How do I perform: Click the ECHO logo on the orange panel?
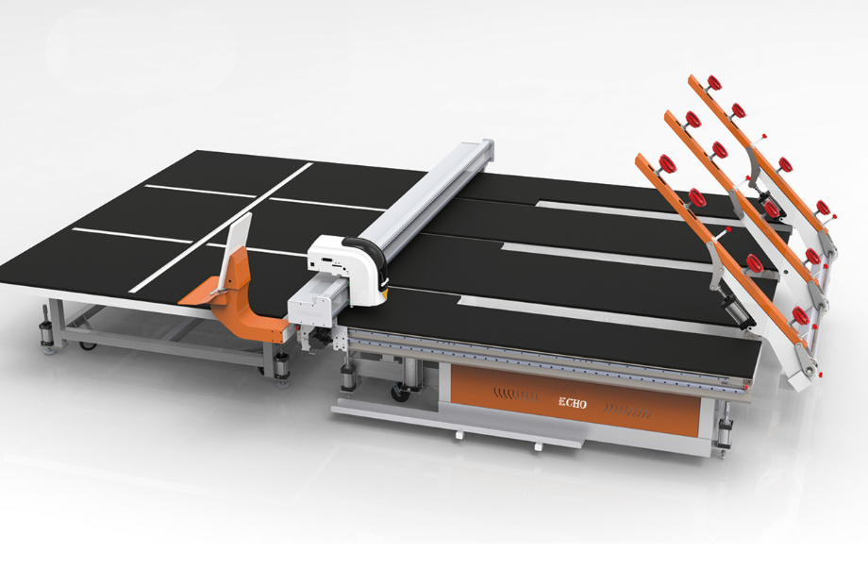572,403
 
